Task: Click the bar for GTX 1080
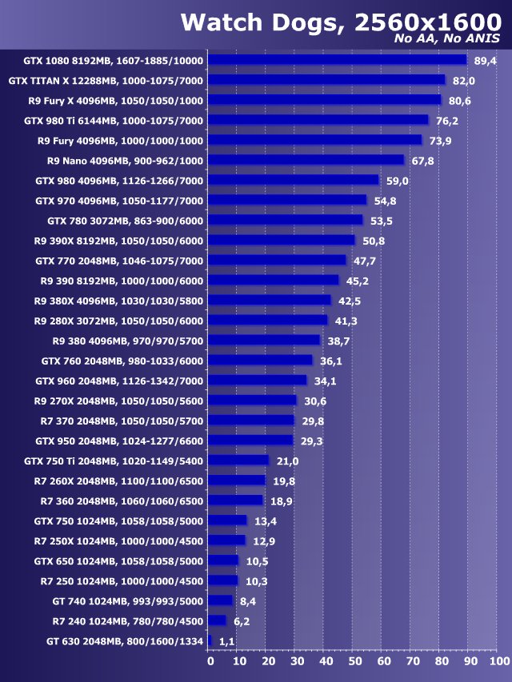pos(338,59)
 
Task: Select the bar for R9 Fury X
pos(325,100)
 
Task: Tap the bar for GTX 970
pos(287,200)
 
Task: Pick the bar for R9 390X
pos(282,240)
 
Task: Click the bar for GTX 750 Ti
pos(238,461)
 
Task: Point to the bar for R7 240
pos(217,620)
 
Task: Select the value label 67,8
pos(422,161)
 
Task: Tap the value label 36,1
pos(330,361)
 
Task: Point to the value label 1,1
pos(226,641)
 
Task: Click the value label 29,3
pos(311,441)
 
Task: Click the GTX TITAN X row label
pos(106,81)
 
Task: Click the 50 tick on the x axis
pos(355,661)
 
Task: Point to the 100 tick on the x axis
pos(498,661)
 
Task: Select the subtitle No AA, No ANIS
pos(447,38)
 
